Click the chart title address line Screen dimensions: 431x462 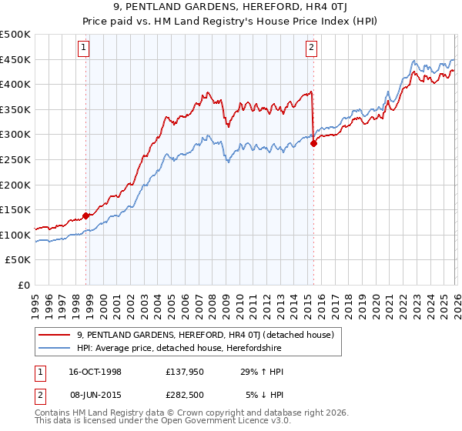[x=231, y=8]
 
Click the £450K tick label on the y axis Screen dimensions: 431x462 [x=15, y=60]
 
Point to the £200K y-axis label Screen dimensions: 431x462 [x=15, y=185]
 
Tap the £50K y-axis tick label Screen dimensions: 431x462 [x=18, y=260]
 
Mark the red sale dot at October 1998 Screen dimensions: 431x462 [x=86, y=216]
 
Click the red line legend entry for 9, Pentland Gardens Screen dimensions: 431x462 [x=205, y=335]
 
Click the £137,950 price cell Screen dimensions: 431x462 [x=185, y=372]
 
